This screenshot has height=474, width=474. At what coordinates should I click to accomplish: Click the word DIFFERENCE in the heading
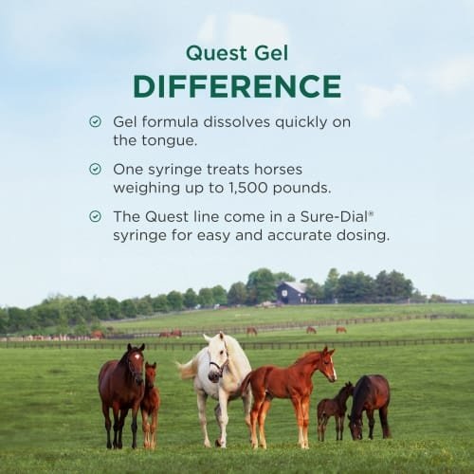(x=237, y=85)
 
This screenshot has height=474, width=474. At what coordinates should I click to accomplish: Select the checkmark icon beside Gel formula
(x=95, y=122)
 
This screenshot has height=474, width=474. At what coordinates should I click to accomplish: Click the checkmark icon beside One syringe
(x=95, y=169)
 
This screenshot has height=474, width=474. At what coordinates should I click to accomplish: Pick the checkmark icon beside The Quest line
(x=95, y=216)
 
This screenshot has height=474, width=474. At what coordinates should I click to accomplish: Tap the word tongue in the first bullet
(x=166, y=140)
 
